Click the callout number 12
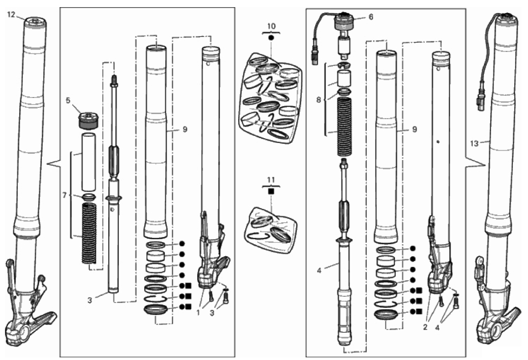11,15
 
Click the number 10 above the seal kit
272,26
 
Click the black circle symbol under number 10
272,38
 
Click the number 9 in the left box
185,129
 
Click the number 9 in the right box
414,129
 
